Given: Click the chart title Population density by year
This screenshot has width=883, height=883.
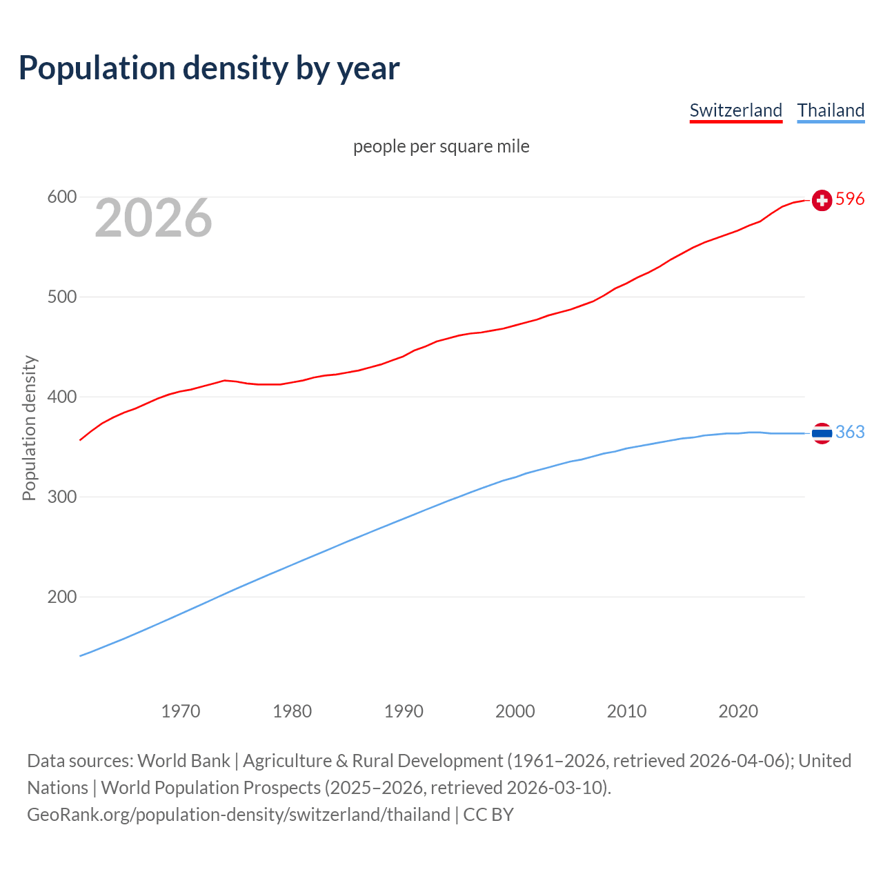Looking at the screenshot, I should click(x=209, y=68).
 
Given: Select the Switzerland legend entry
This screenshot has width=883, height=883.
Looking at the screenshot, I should click(x=735, y=110).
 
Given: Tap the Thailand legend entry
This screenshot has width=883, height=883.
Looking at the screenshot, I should click(x=831, y=110).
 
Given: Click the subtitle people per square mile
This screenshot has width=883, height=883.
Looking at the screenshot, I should click(x=441, y=146).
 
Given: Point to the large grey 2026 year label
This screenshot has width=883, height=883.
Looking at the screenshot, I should click(x=153, y=218).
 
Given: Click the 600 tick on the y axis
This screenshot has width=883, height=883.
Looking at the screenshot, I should click(x=61, y=197).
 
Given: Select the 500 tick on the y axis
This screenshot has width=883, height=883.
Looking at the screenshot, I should click(x=61, y=297).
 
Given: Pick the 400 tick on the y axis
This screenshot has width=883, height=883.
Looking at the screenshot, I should click(x=61, y=397).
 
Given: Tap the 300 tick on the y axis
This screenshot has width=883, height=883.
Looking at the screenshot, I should click(x=61, y=497).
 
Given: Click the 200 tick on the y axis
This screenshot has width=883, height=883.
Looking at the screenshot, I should click(x=61, y=597).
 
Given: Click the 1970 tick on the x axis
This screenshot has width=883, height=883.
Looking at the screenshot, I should click(x=181, y=711).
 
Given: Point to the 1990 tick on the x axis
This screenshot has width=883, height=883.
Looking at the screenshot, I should click(x=404, y=711).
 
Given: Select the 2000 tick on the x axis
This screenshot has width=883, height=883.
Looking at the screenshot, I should click(x=515, y=711).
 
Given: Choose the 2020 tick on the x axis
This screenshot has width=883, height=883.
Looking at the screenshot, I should click(x=738, y=711).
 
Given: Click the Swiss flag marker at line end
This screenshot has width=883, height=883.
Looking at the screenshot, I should click(x=822, y=200).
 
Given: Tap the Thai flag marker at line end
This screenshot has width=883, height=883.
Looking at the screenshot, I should click(x=822, y=433).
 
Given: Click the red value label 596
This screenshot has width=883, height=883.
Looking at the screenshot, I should click(x=850, y=199).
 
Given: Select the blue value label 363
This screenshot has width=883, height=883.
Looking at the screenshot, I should click(x=850, y=433).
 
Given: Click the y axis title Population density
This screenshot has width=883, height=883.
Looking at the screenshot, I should click(x=29, y=428).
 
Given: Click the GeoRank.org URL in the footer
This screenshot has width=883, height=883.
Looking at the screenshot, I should click(x=239, y=815).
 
